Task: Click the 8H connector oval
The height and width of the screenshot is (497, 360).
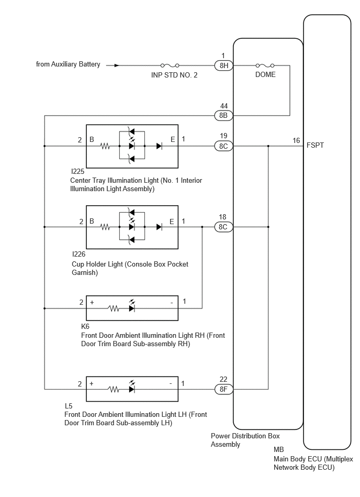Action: tap(223, 65)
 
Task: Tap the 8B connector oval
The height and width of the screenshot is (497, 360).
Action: tap(223, 115)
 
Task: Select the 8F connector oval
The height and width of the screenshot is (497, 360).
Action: tap(223, 389)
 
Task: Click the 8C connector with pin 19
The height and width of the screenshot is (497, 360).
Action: tap(223, 146)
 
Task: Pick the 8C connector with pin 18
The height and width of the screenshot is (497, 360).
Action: tap(223, 227)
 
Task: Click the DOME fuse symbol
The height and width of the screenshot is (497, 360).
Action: tap(265, 65)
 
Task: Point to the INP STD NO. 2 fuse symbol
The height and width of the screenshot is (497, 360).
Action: tap(170, 65)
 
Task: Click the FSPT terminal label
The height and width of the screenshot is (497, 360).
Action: tap(315, 145)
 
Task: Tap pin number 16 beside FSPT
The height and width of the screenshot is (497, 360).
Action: tap(296, 140)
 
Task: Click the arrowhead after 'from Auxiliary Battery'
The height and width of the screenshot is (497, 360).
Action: tap(117, 65)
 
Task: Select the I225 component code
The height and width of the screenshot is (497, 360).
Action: tap(78, 171)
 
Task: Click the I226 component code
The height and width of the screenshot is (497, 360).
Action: tap(78, 254)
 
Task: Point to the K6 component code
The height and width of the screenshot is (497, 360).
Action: tap(85, 326)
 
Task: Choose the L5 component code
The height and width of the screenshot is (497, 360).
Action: tap(69, 406)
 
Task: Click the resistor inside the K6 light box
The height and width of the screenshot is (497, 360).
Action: tap(114, 308)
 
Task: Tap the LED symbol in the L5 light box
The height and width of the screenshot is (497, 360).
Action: tap(132, 387)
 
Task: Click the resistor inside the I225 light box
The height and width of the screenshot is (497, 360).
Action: tap(105, 146)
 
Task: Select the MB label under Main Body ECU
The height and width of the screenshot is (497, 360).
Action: tap(278, 449)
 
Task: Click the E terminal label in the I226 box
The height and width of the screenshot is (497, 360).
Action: tap(172, 222)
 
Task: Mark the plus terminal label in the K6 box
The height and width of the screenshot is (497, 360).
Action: tap(92, 302)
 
